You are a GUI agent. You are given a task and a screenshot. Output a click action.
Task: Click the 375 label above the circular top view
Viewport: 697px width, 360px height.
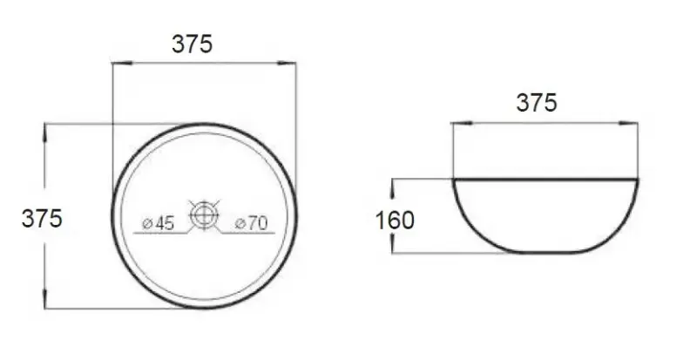(192, 44)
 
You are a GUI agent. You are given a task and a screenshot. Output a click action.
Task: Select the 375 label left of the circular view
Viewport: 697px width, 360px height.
(42, 218)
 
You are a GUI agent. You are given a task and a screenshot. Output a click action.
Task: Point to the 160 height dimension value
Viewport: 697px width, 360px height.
(395, 220)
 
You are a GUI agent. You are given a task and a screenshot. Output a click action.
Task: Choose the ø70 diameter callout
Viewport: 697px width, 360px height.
(251, 224)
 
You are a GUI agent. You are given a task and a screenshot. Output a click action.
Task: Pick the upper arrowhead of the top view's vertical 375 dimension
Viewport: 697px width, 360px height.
(45, 128)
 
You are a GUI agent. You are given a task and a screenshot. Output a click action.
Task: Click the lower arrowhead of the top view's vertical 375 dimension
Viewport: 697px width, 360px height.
(45, 304)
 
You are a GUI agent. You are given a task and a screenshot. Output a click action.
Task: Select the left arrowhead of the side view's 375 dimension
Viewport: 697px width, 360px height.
(455, 125)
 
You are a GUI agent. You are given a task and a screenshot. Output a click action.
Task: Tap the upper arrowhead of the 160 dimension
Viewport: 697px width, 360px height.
(395, 182)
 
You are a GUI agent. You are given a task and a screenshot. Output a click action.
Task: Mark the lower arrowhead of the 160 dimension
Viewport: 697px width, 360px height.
(395, 249)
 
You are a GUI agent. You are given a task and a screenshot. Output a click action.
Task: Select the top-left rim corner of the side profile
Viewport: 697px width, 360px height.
(452, 180)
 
